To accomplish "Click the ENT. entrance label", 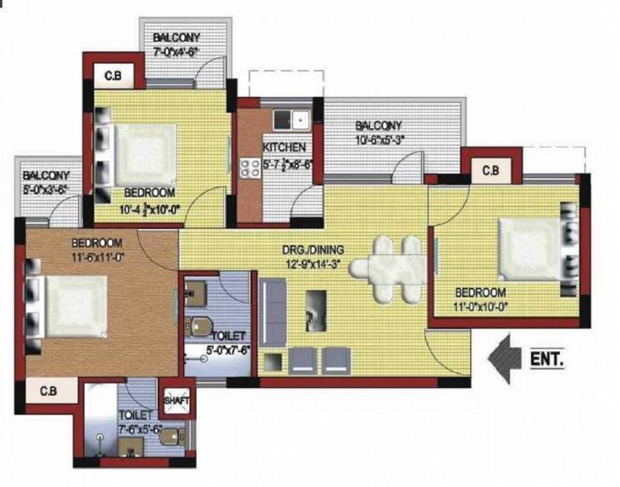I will coord(546,359).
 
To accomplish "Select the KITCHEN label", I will coord(284,148).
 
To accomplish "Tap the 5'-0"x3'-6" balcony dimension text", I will coord(45,189).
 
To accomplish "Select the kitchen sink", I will coord(291,119).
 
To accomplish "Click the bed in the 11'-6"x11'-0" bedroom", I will coord(75,306).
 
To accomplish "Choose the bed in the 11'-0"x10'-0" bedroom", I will coord(531,249).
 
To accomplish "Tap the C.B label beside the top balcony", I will coord(113,77).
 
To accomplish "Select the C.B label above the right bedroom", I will coord(490,171).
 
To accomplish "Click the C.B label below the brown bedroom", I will coord(49,392).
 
